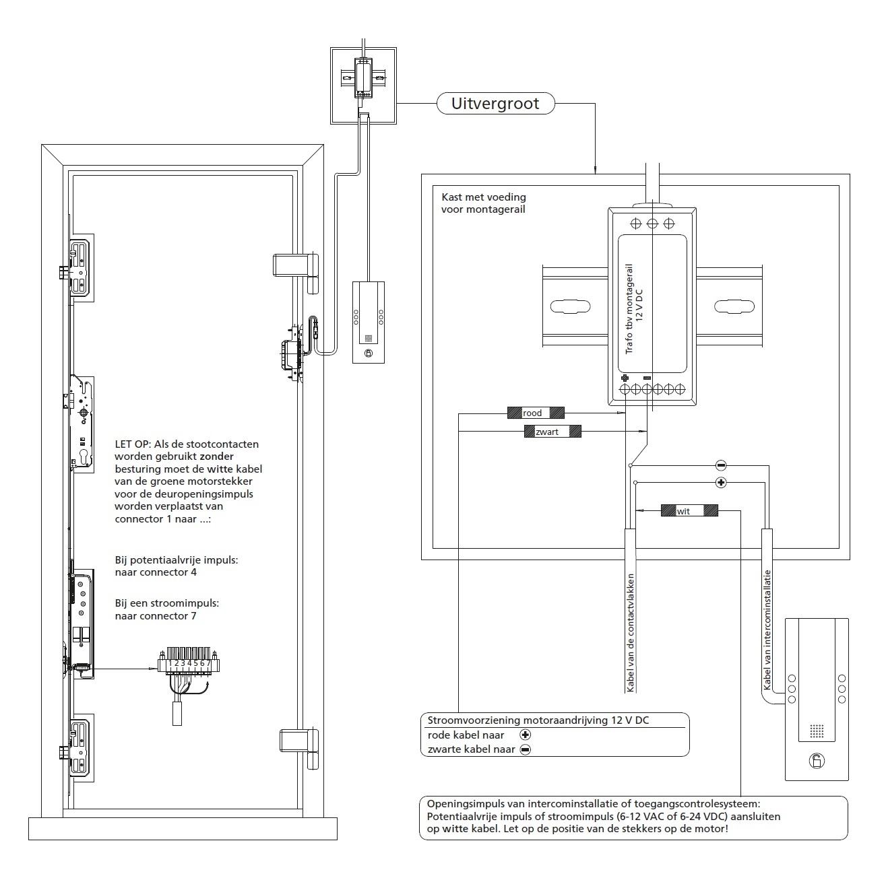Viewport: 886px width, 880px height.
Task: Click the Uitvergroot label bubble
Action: tap(495, 104)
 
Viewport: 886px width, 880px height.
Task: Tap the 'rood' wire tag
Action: tap(536, 413)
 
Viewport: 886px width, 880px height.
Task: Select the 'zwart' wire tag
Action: tap(552, 432)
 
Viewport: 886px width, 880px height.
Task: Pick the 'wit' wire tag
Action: tap(689, 510)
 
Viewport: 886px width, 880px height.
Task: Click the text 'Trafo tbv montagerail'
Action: tap(629, 309)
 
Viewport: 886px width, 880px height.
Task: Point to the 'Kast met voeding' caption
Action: tap(484, 197)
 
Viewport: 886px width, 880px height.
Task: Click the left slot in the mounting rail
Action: tap(570, 306)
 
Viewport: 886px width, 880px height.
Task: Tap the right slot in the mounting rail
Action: tap(734, 306)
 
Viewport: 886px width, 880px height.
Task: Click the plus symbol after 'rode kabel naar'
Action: tap(525, 735)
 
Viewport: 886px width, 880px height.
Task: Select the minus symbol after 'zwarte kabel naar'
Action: tap(525, 749)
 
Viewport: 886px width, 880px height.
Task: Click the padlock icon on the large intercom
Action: tap(817, 761)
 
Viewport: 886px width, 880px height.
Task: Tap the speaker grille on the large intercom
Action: tap(817, 731)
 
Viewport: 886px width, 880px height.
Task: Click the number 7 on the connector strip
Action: tap(208, 663)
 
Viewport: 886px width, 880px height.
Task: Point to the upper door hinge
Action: tap(296, 273)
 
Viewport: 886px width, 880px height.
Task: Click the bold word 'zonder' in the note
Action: tap(216, 456)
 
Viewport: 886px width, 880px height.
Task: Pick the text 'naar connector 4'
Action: tap(156, 572)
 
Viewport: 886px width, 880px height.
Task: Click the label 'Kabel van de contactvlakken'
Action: tap(631, 633)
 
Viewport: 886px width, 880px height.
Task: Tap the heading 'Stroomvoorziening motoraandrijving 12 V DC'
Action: tap(538, 720)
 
